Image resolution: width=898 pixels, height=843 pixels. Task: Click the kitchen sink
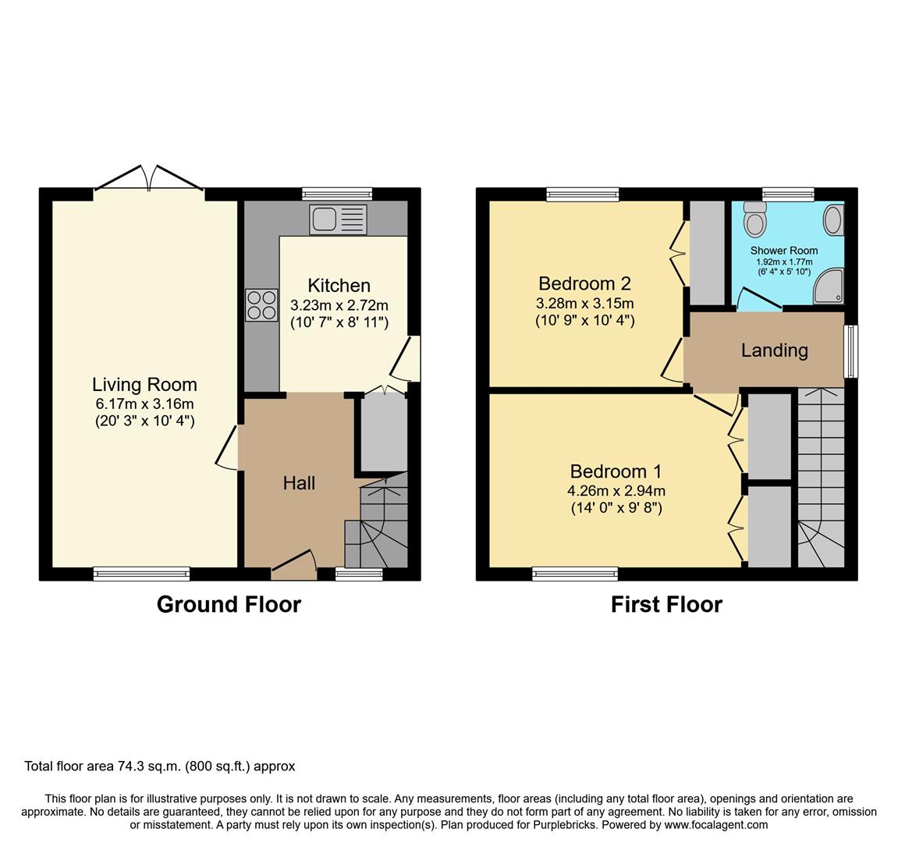point(338,219)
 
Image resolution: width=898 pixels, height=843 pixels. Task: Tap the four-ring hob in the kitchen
point(261,305)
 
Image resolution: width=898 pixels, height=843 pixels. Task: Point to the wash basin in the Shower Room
point(834,219)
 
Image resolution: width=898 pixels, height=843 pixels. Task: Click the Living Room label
point(144,384)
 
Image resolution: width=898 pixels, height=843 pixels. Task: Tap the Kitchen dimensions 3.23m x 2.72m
point(339,305)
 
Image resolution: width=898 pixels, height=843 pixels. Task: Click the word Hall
point(299,483)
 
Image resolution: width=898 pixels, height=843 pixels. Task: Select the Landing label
point(774,350)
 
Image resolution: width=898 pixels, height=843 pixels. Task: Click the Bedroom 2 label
point(584,283)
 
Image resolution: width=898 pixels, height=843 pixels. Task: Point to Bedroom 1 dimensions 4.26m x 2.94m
point(616,490)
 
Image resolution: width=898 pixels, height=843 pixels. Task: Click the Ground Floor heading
point(229,605)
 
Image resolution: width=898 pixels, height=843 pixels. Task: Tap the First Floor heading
point(666,605)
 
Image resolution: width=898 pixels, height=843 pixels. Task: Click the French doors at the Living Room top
point(149,178)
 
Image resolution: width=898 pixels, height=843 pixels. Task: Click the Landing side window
point(852,351)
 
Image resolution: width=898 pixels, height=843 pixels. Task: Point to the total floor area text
point(160,767)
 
